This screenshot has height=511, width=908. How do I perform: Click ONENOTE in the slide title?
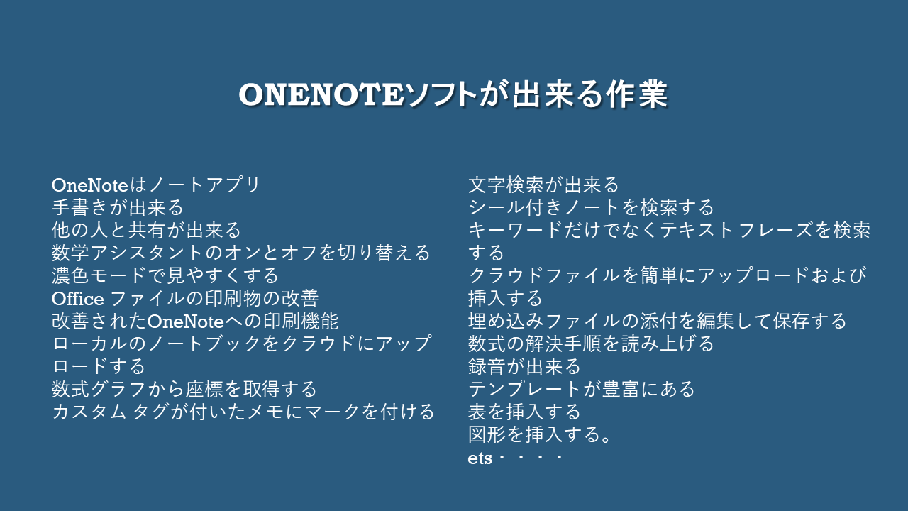321,94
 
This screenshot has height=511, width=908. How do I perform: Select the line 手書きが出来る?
118,208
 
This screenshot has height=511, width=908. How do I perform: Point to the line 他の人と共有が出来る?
146,231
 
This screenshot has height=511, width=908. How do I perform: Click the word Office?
78,299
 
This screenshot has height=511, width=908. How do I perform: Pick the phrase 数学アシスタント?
127,253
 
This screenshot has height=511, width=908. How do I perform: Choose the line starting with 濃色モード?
165,276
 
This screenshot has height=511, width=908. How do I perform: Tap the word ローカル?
89,344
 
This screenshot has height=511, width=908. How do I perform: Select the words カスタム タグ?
110,412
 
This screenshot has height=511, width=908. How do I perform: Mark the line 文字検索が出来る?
543,185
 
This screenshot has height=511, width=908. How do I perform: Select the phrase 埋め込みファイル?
544,322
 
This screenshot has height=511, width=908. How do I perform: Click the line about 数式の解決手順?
591,344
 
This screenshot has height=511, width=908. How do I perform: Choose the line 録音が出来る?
524,367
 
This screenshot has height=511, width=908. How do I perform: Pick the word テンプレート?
526,390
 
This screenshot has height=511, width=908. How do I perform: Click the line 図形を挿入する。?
540,435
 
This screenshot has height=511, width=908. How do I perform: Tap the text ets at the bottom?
480,458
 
